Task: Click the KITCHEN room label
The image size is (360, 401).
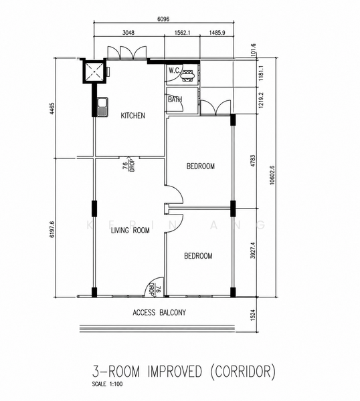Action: tap(132, 116)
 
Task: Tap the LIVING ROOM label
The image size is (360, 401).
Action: tap(130, 231)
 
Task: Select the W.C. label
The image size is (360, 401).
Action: tap(174, 71)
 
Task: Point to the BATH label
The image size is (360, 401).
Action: tap(175, 100)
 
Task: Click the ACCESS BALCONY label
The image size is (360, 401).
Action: tap(159, 313)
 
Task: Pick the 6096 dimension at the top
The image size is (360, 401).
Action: tap(163, 19)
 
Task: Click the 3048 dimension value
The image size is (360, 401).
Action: tap(128, 33)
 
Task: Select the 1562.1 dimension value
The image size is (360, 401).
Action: tap(182, 33)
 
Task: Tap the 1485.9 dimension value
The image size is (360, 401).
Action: tap(217, 33)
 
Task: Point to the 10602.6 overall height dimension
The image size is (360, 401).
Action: tap(272, 175)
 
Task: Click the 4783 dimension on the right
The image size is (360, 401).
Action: tap(253, 161)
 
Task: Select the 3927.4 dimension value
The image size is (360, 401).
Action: tap(253, 251)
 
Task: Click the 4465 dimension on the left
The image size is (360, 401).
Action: tap(52, 108)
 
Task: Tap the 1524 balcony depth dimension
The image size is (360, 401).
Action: tap(253, 315)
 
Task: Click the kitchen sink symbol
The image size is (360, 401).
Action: tap(102, 107)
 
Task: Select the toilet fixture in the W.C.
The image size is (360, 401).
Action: tap(188, 76)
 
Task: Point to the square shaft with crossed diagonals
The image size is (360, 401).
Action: tap(94, 71)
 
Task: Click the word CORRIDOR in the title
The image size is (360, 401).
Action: tap(243, 372)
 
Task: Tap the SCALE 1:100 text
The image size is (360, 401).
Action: tap(107, 384)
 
